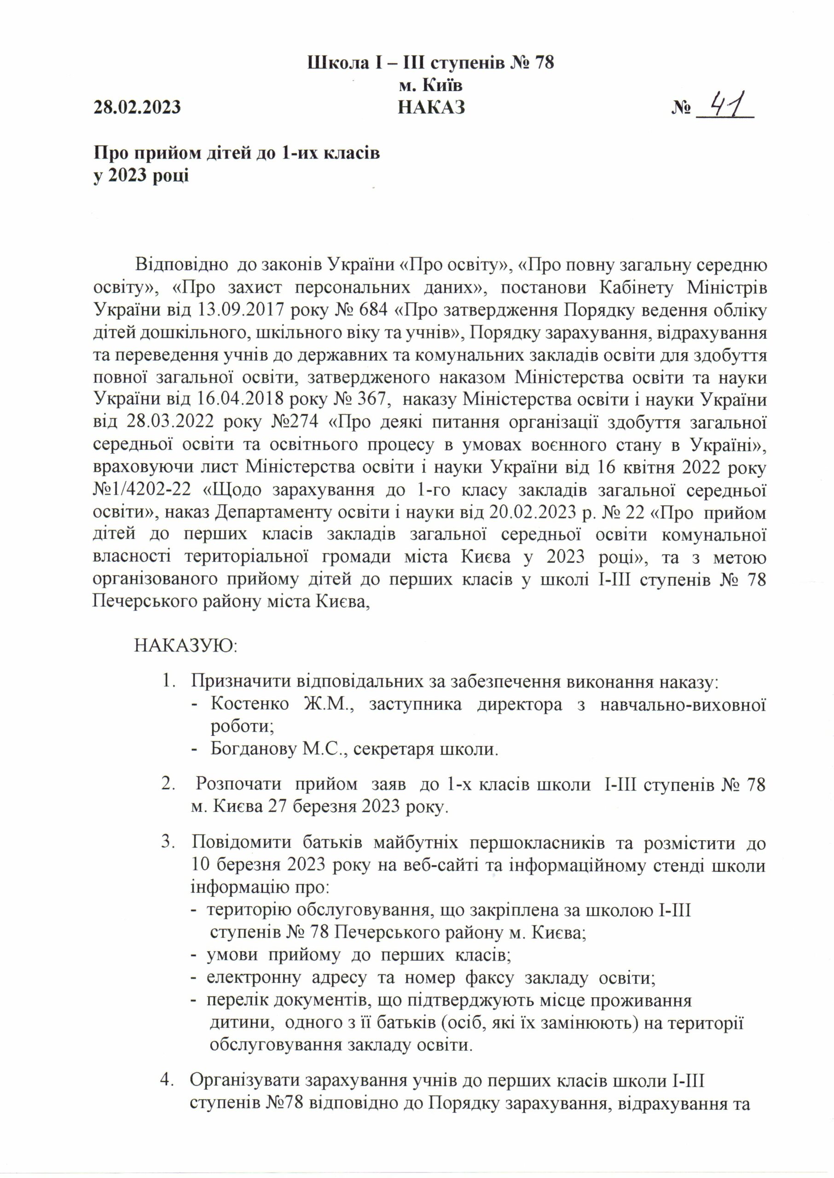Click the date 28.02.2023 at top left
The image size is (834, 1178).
137,107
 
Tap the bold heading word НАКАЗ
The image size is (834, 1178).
431,107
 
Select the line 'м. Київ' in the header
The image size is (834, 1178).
430,85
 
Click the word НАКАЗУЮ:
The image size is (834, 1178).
185,646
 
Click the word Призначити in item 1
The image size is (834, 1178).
241,681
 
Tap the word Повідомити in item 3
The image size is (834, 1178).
241,843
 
